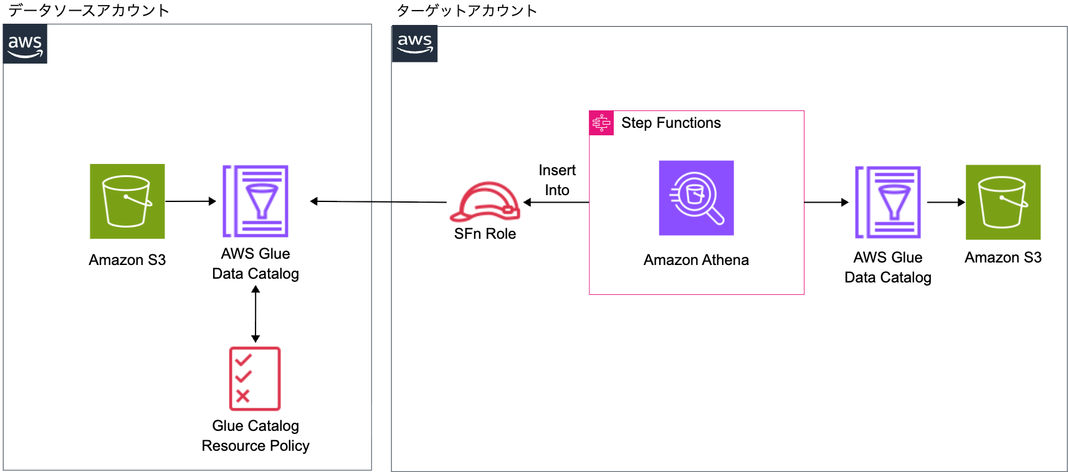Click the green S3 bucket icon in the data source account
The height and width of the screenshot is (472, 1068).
127,201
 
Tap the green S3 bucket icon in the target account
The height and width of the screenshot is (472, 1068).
1003,202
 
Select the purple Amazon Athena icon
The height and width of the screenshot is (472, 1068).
696,198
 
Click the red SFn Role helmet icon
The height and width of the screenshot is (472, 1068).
485,202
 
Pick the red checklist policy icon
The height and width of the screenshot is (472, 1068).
255,378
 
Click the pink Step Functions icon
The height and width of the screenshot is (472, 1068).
601,123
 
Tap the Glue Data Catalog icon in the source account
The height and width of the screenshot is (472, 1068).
255,201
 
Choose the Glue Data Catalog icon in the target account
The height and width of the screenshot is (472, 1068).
887,202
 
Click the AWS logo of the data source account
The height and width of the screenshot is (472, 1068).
25,44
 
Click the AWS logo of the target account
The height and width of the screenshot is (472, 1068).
414,44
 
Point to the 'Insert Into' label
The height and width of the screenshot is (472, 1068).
557,180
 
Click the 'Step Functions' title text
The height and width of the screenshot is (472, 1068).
670,123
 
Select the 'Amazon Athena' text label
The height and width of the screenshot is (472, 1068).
696,260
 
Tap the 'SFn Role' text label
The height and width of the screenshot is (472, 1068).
485,234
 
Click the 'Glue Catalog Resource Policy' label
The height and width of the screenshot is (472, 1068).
255,436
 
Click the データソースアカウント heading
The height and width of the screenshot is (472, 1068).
88,11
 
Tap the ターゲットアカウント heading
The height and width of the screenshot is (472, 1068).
467,11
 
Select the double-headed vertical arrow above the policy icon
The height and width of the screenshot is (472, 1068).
255,314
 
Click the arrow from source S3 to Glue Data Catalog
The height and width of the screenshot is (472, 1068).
190,201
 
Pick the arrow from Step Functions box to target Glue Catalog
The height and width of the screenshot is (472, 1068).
826,202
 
